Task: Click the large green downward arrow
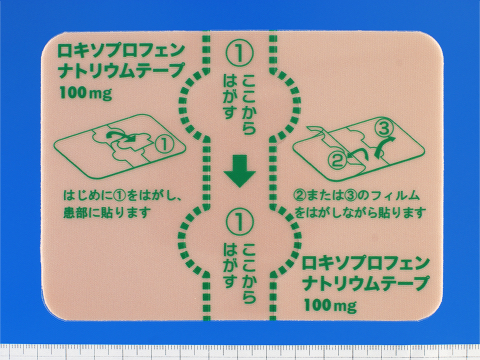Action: click(240, 171)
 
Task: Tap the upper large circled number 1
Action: click(240, 54)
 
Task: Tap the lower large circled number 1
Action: click(240, 222)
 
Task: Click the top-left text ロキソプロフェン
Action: click(121, 50)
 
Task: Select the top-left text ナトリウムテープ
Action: click(121, 71)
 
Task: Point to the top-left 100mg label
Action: click(86, 93)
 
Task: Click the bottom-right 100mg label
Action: click(330, 305)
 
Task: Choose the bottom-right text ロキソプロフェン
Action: click(366, 263)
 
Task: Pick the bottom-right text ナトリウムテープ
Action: click(366, 283)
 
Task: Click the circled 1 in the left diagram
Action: click(164, 145)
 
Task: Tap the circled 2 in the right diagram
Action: click(337, 160)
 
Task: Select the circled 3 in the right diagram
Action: click(384, 129)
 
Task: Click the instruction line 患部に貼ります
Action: click(107, 213)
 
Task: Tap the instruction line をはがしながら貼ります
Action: click(360, 213)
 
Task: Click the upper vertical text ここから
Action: click(249, 104)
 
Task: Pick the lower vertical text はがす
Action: click(230, 265)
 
